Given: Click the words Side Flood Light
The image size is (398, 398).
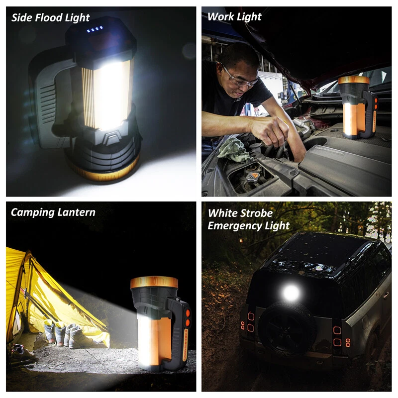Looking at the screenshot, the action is [51, 18].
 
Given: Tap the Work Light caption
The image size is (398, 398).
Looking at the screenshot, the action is [234, 17].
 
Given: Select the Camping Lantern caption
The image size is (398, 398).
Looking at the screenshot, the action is [53, 212].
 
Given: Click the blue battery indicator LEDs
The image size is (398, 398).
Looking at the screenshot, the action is [95, 29].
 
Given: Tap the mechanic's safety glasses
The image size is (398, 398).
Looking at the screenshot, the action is [239, 78].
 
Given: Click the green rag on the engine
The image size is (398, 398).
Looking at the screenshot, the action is [233, 150].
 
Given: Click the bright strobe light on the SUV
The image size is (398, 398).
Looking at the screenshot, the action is [291, 293].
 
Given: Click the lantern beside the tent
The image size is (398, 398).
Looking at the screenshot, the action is [160, 323].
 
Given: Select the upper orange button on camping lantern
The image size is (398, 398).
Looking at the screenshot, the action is [188, 313].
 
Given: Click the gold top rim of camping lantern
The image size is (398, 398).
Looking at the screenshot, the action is [154, 283].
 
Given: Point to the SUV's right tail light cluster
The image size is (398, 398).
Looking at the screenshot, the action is [340, 336].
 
